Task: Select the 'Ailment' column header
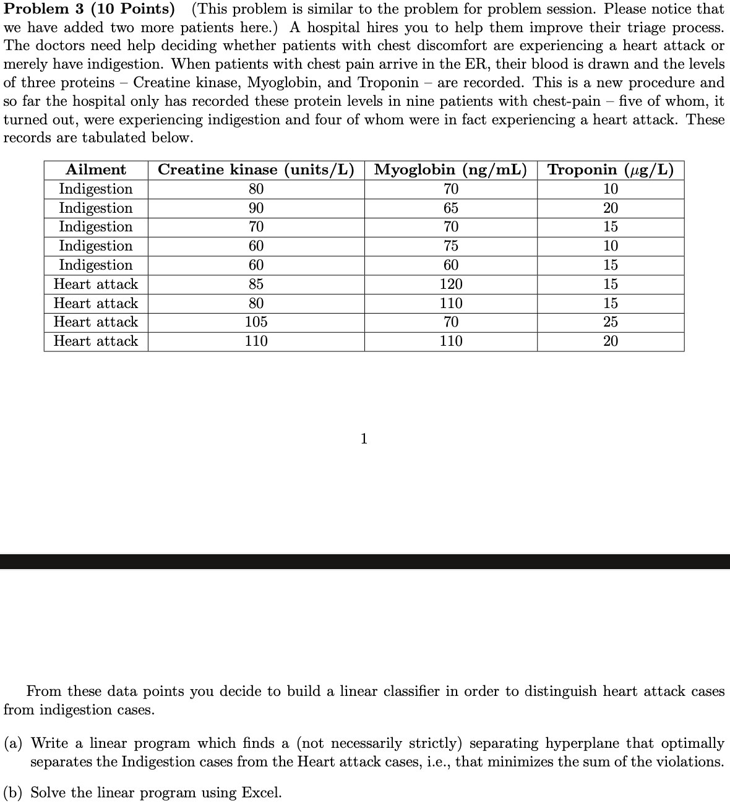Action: pos(96,169)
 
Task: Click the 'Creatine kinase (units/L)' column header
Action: pos(256,169)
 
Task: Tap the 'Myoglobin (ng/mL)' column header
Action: pos(451,169)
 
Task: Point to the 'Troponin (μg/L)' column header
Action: pos(611,169)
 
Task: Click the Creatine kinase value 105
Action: pos(256,322)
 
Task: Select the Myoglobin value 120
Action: pos(451,285)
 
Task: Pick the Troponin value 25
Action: pos(611,322)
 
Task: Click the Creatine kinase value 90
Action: pos(256,208)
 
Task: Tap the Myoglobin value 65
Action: pos(451,208)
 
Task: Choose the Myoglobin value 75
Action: pos(451,246)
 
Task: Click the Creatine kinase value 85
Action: pos(256,285)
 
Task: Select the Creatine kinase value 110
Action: pos(256,341)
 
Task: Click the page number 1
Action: pos(364,439)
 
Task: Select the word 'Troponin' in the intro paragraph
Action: pos(388,83)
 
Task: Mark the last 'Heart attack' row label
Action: pos(96,341)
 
